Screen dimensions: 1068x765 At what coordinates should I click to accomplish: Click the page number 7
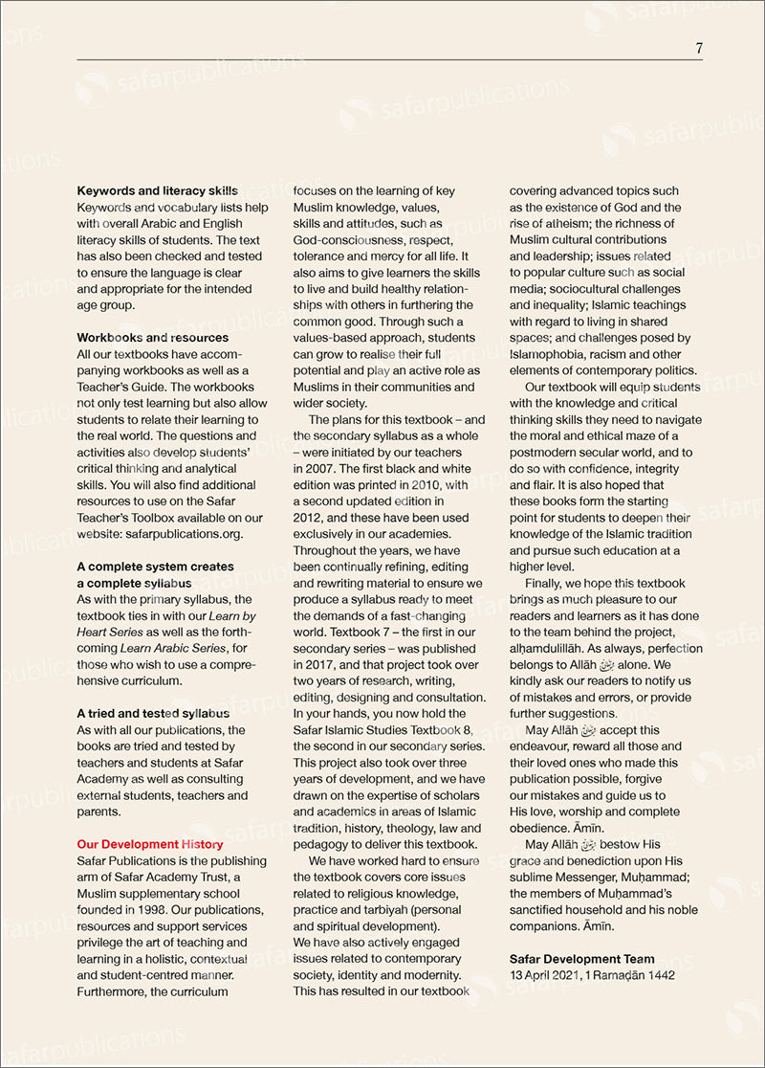coord(699,48)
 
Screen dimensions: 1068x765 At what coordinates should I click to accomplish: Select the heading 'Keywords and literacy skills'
coord(158,191)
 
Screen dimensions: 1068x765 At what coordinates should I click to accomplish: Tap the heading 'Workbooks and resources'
coord(153,338)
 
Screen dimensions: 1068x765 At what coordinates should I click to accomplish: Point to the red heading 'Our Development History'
coord(150,844)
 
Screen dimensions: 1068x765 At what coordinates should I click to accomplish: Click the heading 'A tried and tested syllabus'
coord(153,713)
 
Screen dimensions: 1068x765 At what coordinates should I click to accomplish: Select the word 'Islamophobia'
coord(550,354)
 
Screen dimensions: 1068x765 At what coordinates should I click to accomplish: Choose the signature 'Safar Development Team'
coord(582,959)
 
